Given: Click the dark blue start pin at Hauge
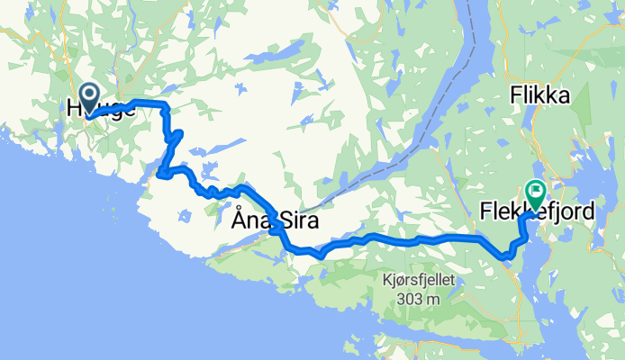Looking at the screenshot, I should (90, 94).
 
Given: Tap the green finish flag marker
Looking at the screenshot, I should (534, 191).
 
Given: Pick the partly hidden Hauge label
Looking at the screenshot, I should (101, 109).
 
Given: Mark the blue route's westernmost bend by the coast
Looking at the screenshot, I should (161, 173).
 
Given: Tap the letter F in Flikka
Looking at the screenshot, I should (515, 94).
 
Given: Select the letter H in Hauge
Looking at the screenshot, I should (73, 109).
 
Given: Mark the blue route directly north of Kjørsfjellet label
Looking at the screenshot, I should (422, 240).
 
